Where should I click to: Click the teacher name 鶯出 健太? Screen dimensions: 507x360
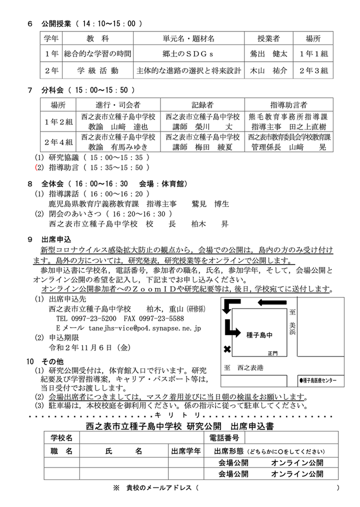(268, 54)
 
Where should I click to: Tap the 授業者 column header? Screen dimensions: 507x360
(268, 38)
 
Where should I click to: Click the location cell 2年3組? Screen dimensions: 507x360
(313, 70)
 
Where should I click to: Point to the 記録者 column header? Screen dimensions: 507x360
(202, 104)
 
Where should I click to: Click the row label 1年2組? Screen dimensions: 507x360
(58, 121)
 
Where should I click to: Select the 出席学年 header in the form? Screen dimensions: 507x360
(186, 450)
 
